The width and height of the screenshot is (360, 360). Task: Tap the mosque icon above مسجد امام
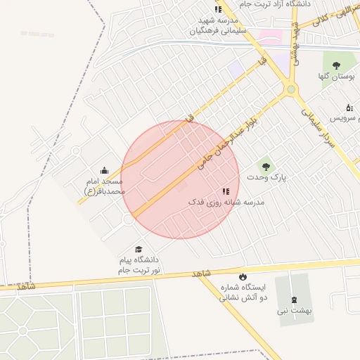(105, 170)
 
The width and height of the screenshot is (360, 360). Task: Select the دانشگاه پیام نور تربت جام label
(139, 264)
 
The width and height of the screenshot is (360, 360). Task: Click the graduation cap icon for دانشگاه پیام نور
(139, 250)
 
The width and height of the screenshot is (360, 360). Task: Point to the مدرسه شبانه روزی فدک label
(226, 202)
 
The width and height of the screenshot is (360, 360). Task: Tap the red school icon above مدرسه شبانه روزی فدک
(226, 191)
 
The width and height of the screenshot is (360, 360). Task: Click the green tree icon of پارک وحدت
(266, 167)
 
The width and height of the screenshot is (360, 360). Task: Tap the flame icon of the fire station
(243, 276)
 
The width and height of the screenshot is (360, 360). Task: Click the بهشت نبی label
(294, 310)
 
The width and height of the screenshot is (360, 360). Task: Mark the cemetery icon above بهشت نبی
(294, 299)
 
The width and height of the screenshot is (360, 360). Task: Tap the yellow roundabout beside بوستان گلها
(290, 89)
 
